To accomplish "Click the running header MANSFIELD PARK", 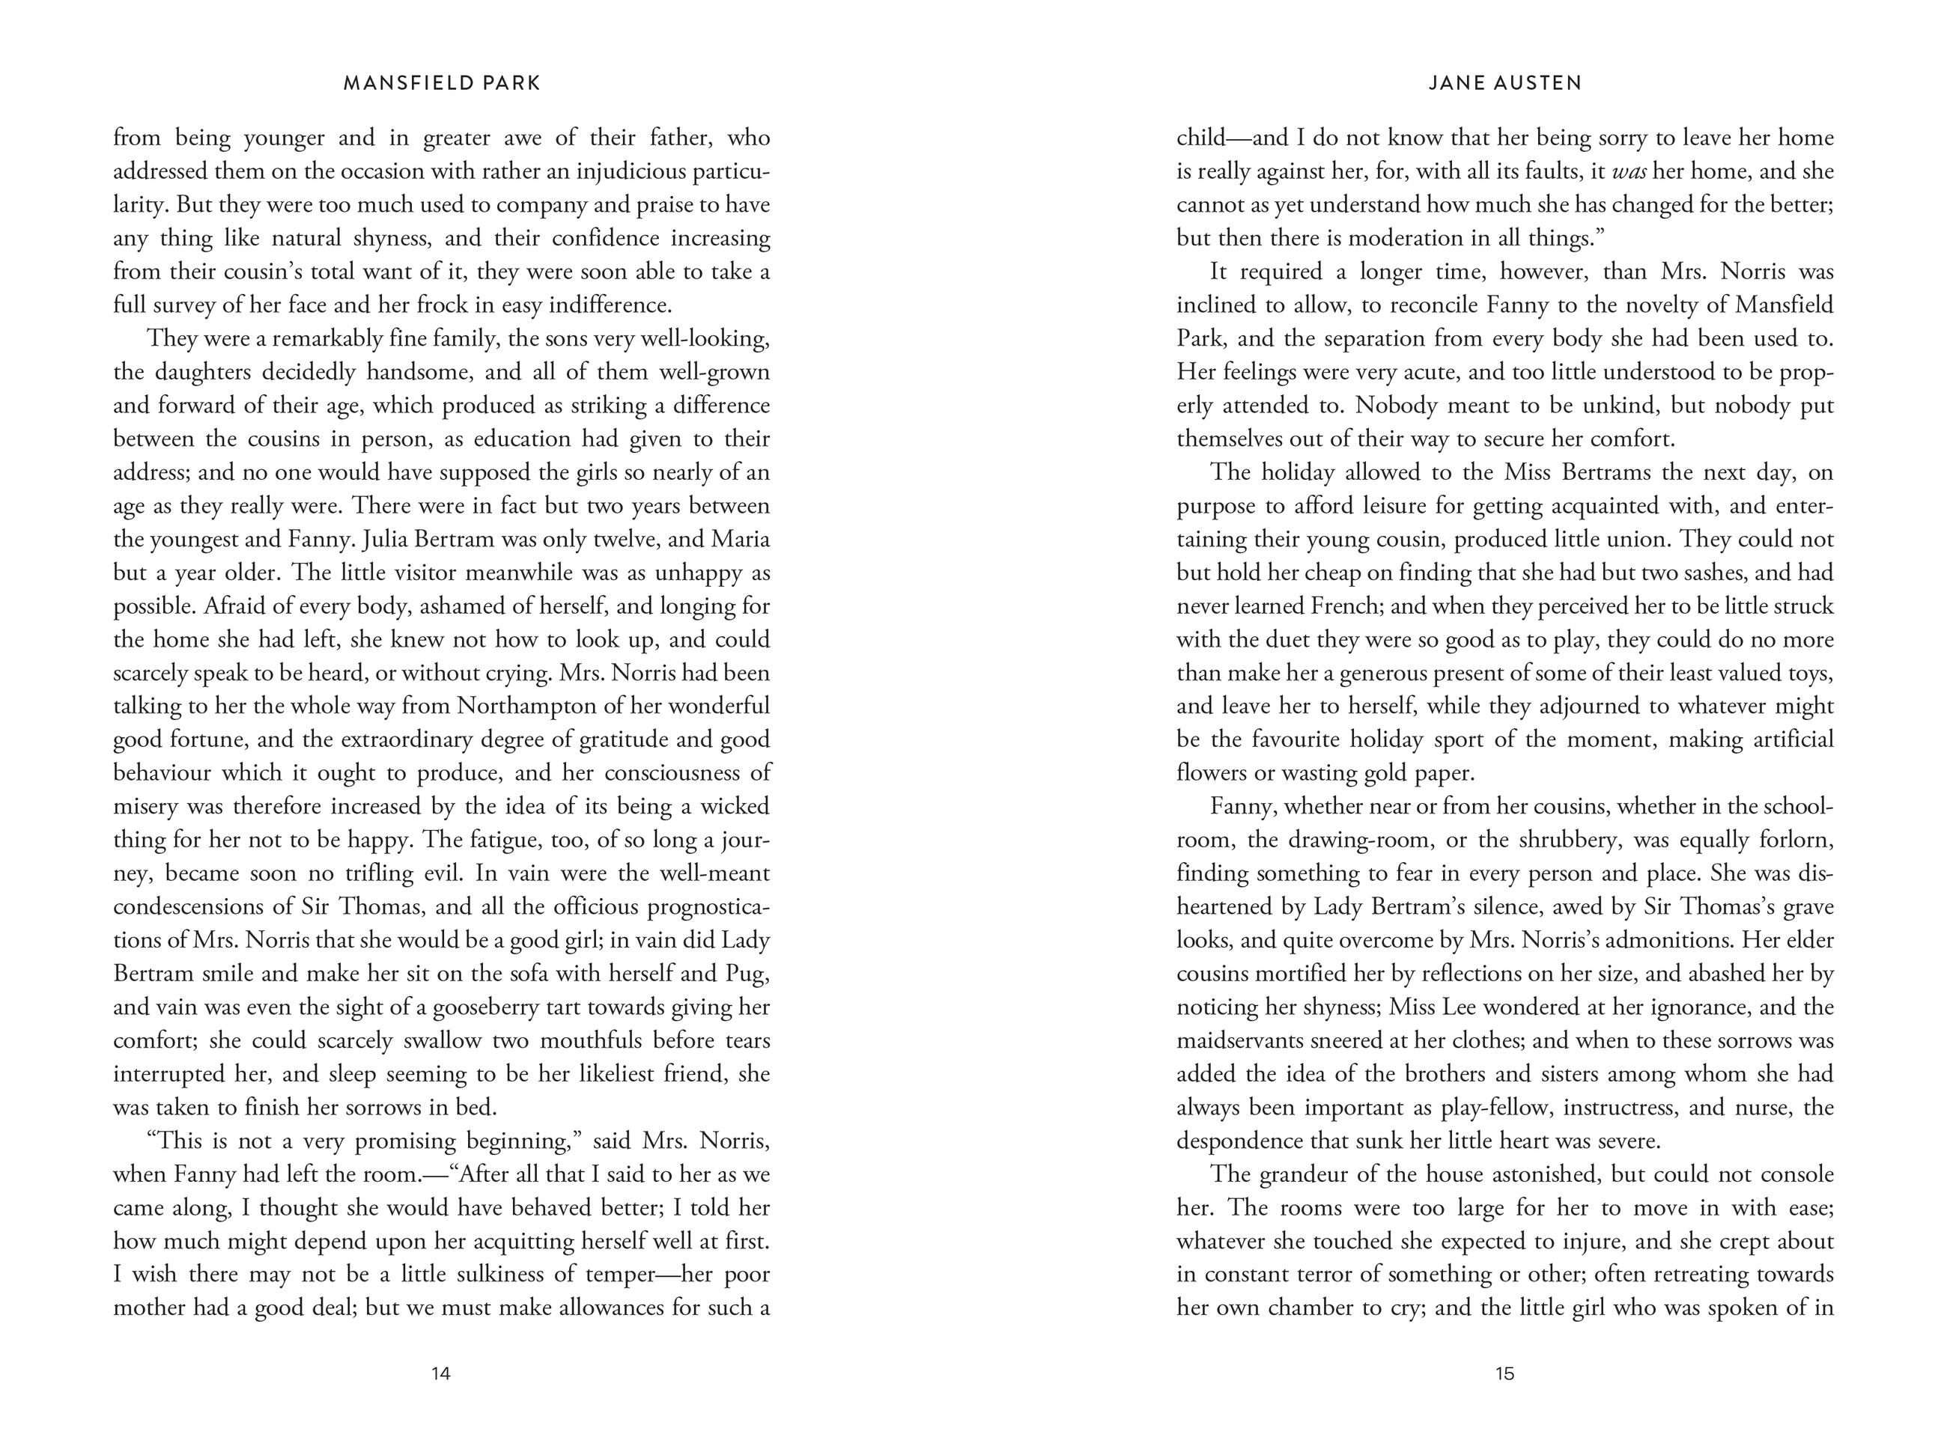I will [x=442, y=83].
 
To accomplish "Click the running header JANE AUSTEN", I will [x=1505, y=83].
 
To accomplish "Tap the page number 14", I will [x=441, y=1374].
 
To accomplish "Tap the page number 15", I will [x=1505, y=1374].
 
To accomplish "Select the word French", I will [x=1344, y=606].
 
